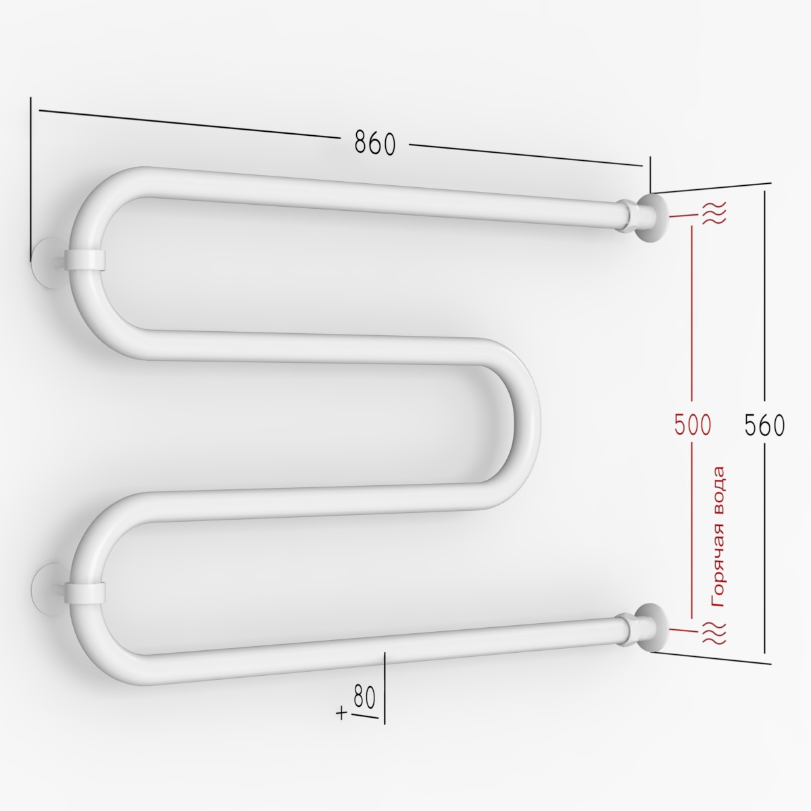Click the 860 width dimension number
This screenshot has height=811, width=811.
pos(375,143)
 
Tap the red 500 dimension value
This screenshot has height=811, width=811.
pos(693,424)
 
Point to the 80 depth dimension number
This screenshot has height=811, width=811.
pos(364,697)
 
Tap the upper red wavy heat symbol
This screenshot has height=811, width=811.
pos(714,212)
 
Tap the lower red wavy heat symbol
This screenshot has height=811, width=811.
pos(714,632)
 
